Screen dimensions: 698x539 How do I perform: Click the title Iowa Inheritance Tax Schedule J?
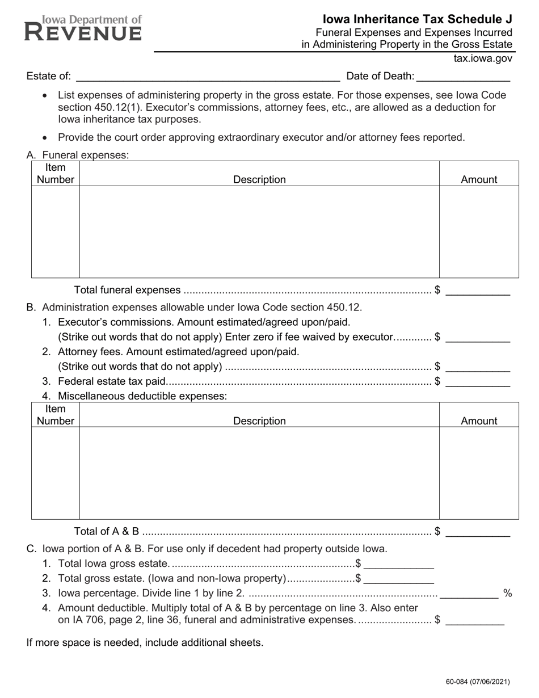418,19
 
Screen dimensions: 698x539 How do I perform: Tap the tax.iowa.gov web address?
483,58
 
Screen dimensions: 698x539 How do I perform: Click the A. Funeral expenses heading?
78,155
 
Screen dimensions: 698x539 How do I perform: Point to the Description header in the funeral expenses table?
259,179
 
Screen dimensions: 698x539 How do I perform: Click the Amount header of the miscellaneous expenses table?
479,421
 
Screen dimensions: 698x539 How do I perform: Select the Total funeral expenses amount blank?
478,291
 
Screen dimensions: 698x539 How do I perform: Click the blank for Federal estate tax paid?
478,382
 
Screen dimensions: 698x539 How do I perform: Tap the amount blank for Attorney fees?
478,367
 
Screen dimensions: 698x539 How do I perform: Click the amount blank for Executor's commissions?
478,338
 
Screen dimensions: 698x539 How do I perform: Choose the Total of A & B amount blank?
478,532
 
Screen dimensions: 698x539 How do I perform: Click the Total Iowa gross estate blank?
399,565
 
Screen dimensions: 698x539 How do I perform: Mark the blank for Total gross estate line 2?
399,579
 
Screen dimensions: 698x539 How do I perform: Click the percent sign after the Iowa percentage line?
507,594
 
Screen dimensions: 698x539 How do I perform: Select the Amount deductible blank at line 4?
475,621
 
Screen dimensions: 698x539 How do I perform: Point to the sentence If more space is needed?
145,643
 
